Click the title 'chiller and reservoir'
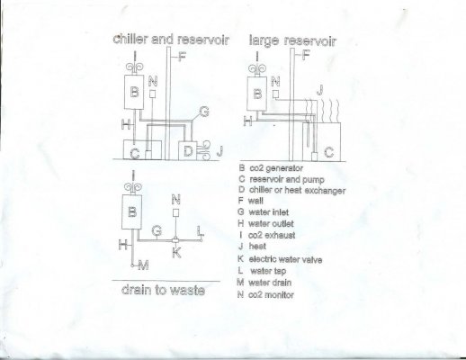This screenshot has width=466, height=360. pyautogui.click(x=171, y=40)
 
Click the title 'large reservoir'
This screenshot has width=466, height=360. pyautogui.click(x=292, y=41)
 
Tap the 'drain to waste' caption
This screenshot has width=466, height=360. pyautogui.click(x=163, y=290)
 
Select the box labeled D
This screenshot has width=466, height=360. pyautogui.click(x=187, y=151)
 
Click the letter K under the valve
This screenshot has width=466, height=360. pyautogui.click(x=176, y=253)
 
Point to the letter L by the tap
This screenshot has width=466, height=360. pyautogui.click(x=201, y=231)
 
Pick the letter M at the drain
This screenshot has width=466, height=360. pyautogui.click(x=143, y=265)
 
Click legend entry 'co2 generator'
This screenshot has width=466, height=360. pyautogui.click(x=276, y=168)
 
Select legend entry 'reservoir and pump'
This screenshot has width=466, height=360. pyautogui.click(x=287, y=179)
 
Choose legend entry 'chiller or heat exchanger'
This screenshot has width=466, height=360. pyautogui.click(x=297, y=190)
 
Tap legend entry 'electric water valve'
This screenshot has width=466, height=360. pyautogui.click(x=285, y=259)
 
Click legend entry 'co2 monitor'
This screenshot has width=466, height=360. pyautogui.click(x=271, y=295)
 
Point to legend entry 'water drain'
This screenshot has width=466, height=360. pyautogui.click(x=270, y=283)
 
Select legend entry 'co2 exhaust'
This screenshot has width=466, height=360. pyautogui.click(x=272, y=235)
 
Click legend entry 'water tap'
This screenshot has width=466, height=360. pyautogui.click(x=268, y=271)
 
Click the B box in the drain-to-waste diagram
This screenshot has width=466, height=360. pyautogui.click(x=131, y=211)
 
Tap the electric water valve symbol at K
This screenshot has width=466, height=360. pyautogui.click(x=175, y=240)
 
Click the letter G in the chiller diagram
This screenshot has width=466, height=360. pyautogui.click(x=204, y=112)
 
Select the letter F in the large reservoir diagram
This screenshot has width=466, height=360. pyautogui.click(x=306, y=55)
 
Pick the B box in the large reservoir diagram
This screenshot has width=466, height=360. pyautogui.click(x=256, y=94)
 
